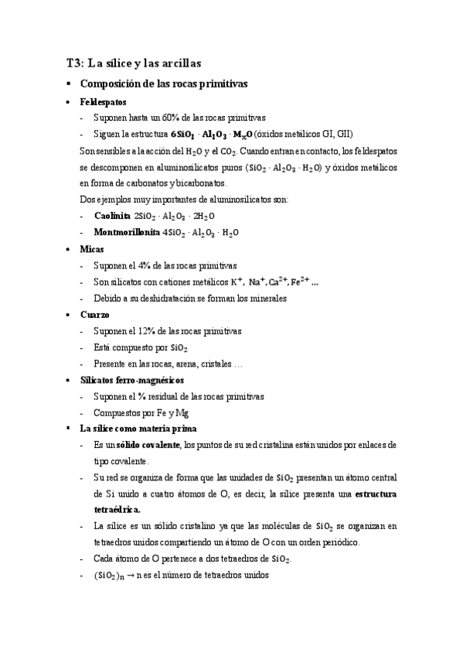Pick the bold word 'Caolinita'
pyautogui.click(x=112, y=216)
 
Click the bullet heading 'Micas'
pyautogui.click(x=92, y=249)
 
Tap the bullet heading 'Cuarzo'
pyautogui.click(x=94, y=315)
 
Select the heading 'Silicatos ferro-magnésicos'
pyautogui.click(x=131, y=381)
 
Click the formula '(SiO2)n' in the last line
pyautogui.click(x=109, y=576)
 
